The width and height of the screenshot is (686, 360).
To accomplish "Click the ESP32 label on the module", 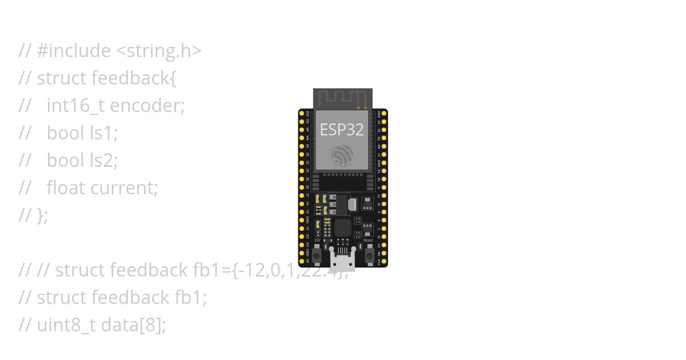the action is (x=342, y=130).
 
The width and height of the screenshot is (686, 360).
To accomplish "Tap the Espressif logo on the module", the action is (x=342, y=155).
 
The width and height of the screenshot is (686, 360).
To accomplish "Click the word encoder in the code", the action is (x=147, y=106).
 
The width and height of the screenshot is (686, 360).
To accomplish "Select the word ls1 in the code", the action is (x=103, y=133).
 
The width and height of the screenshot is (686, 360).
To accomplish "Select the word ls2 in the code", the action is (x=103, y=161).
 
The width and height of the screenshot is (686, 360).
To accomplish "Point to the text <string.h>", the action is (x=159, y=51).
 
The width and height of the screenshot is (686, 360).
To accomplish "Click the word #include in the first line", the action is (x=74, y=51).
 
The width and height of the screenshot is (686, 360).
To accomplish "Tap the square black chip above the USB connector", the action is (x=342, y=228).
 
